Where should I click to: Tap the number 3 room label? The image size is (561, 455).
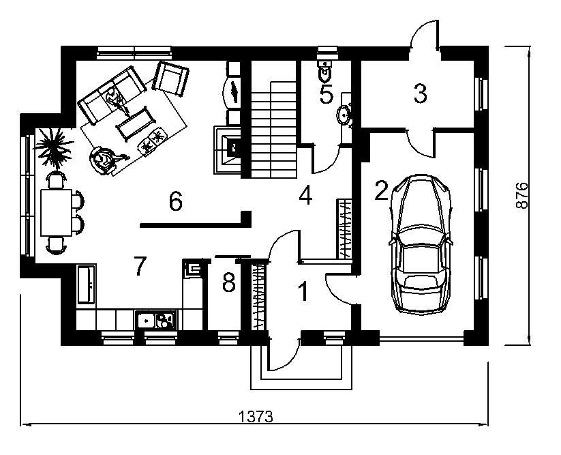click(x=420, y=93)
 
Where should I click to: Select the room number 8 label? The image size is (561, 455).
click(x=229, y=282)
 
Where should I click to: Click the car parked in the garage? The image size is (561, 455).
click(x=421, y=244)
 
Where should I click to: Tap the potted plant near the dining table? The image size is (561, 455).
click(x=55, y=147)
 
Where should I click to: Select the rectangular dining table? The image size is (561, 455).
click(x=56, y=213)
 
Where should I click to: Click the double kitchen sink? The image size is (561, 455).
click(x=155, y=319)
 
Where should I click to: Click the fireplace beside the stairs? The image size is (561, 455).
click(x=228, y=149)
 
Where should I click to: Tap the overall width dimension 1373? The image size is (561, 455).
click(x=256, y=416)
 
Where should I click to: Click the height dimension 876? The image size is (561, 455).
click(x=522, y=196)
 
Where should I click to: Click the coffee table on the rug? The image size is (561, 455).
click(x=136, y=124)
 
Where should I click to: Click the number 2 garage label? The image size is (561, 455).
click(x=382, y=190)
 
